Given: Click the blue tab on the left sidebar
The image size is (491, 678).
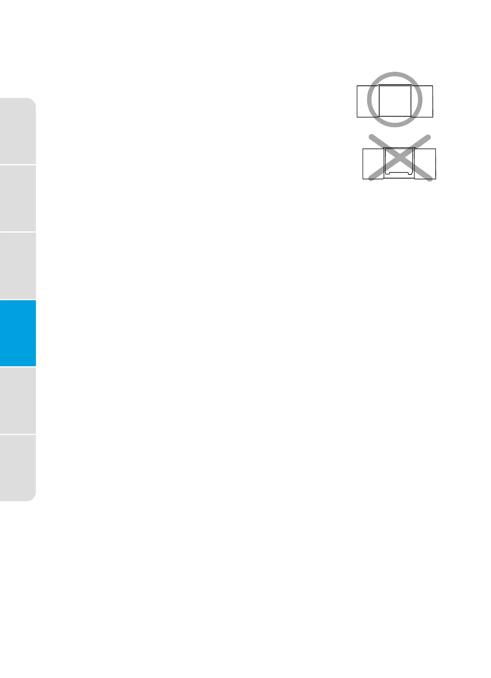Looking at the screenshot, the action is [x=18, y=333].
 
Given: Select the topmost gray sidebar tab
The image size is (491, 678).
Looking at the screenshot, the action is [x=18, y=131].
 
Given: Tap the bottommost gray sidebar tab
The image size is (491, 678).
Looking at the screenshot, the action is [x=18, y=468].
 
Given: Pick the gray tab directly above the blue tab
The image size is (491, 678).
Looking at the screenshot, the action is [x=18, y=266].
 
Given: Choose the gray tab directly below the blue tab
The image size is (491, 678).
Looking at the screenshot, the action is [x=18, y=400].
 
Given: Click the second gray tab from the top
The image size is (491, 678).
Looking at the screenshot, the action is [x=18, y=198].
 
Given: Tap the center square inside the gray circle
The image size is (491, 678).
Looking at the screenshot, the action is [x=395, y=101].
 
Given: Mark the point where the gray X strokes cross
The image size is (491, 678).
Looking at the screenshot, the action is [x=399, y=158].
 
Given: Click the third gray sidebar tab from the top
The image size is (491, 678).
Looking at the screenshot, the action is [x=18, y=266].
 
